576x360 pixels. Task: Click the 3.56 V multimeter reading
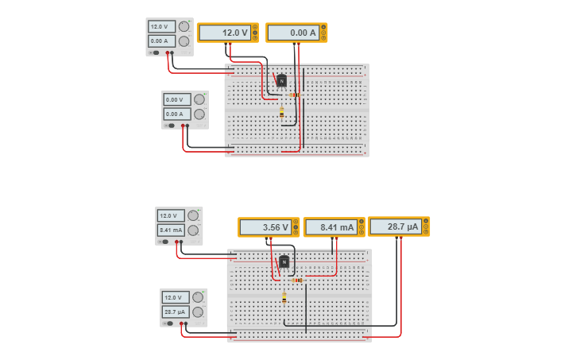(x=265, y=227)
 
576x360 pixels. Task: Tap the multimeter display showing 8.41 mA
(x=331, y=227)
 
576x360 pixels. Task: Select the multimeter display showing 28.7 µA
(x=396, y=226)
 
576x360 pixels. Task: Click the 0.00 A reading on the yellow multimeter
(x=292, y=33)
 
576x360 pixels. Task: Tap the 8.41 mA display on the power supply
(x=171, y=230)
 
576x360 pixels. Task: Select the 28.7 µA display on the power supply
(x=176, y=312)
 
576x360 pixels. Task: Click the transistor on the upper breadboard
(x=281, y=80)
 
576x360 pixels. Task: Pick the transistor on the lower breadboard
(x=284, y=261)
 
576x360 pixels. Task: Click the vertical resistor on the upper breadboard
(x=281, y=112)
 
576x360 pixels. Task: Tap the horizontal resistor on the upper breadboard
(x=294, y=95)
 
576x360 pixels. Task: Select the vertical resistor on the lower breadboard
(x=284, y=297)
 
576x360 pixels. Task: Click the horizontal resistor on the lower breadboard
(x=297, y=280)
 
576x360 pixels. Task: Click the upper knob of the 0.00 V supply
(x=199, y=99)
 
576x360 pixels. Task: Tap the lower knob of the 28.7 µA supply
(x=198, y=312)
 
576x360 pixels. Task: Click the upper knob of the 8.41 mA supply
(x=193, y=215)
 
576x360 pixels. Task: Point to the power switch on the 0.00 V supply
(x=170, y=126)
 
